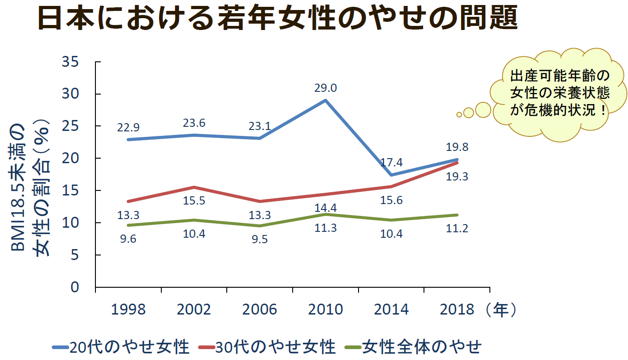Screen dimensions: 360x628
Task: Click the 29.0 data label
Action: click(x=325, y=88)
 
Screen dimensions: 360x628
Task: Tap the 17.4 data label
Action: click(x=391, y=163)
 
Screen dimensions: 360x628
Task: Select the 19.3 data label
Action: click(x=457, y=177)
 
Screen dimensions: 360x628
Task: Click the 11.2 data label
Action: click(x=457, y=228)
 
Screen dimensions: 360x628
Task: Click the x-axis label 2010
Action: click(x=325, y=310)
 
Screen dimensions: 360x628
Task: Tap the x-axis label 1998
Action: click(x=129, y=310)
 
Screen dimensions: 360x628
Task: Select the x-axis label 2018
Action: click(x=457, y=310)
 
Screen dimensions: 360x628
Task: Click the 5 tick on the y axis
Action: click(x=75, y=255)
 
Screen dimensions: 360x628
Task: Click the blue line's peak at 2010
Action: click(x=326, y=100)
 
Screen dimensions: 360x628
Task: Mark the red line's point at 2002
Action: click(x=194, y=187)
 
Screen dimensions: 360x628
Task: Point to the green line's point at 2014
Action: click(x=391, y=220)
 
